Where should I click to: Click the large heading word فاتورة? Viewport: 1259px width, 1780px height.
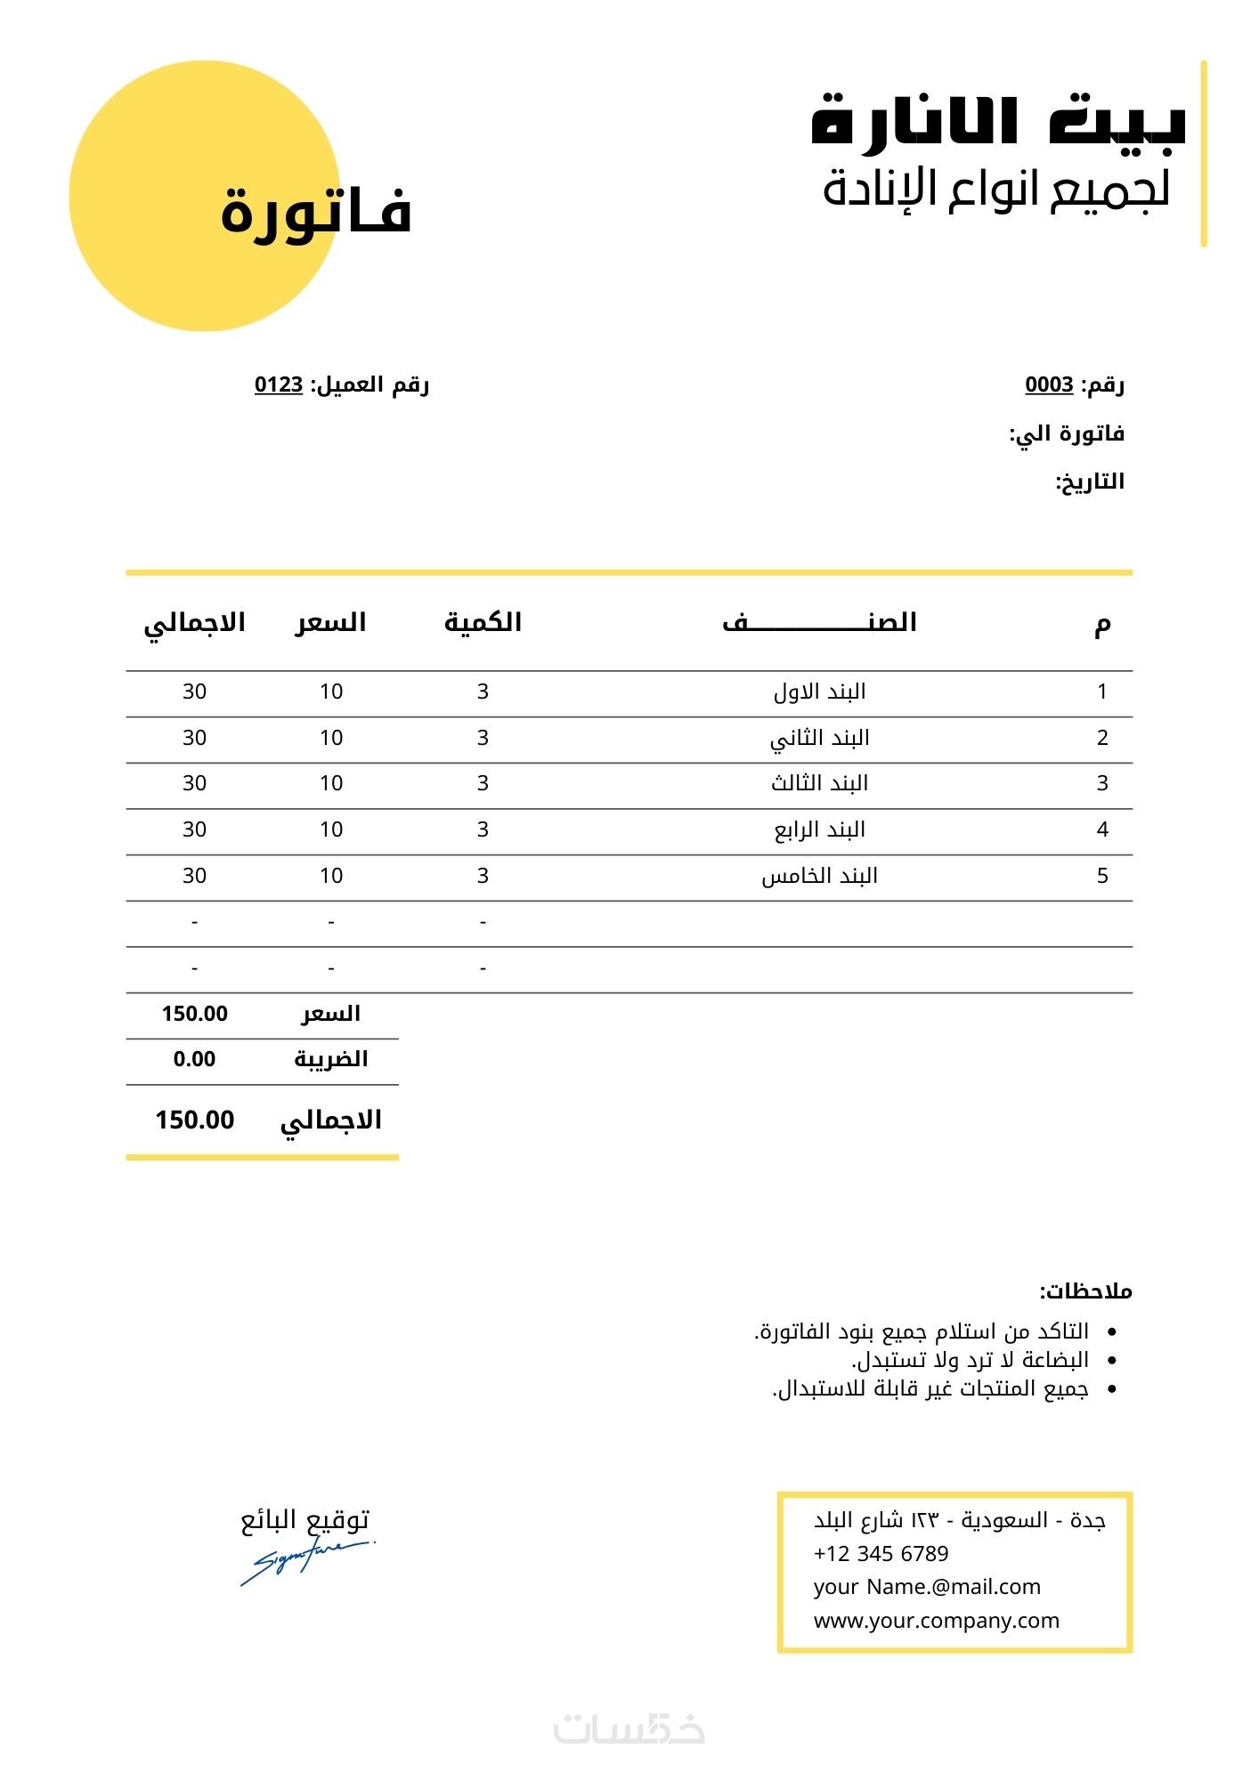tap(316, 212)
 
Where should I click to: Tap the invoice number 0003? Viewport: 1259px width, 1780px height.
tap(1049, 384)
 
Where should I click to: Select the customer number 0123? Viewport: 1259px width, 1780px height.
tap(279, 384)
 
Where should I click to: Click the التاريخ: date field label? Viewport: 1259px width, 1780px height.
tap(1090, 481)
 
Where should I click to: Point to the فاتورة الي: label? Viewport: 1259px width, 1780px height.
tap(1067, 433)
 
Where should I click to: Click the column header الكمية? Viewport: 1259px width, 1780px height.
tap(483, 622)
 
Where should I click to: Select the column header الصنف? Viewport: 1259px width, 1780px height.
tap(819, 622)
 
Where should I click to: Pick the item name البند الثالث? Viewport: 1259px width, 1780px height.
tap(819, 783)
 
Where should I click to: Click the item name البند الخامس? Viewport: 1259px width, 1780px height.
tap(819, 876)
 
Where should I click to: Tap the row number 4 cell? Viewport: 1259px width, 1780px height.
tap(1102, 829)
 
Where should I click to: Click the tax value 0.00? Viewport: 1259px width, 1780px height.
tap(194, 1059)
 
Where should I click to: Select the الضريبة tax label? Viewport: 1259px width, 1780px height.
tap(331, 1059)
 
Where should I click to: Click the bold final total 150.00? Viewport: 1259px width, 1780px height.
tap(194, 1120)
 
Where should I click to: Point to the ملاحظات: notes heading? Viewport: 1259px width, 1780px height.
tap(1085, 1290)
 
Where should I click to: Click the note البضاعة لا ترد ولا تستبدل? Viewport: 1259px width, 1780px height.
tap(970, 1360)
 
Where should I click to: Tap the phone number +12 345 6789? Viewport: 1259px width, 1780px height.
tap(881, 1554)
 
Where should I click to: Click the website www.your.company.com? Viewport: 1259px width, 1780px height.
tap(936, 1621)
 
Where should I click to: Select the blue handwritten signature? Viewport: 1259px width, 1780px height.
tap(305, 1561)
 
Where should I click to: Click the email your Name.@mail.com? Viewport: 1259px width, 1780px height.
tap(927, 1587)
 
